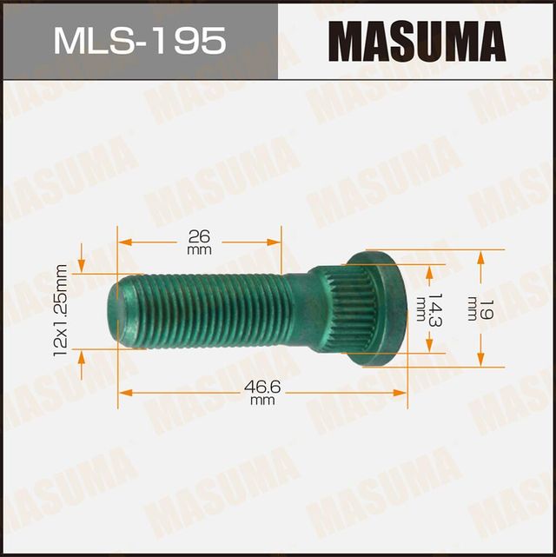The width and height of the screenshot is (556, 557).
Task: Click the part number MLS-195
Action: click(x=138, y=40)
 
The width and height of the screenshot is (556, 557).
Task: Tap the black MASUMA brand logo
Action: click(x=417, y=40)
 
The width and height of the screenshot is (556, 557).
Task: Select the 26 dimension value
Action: click(x=199, y=235)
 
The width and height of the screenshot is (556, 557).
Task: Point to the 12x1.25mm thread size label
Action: click(x=62, y=310)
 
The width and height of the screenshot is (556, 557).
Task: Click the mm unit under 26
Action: click(x=199, y=250)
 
